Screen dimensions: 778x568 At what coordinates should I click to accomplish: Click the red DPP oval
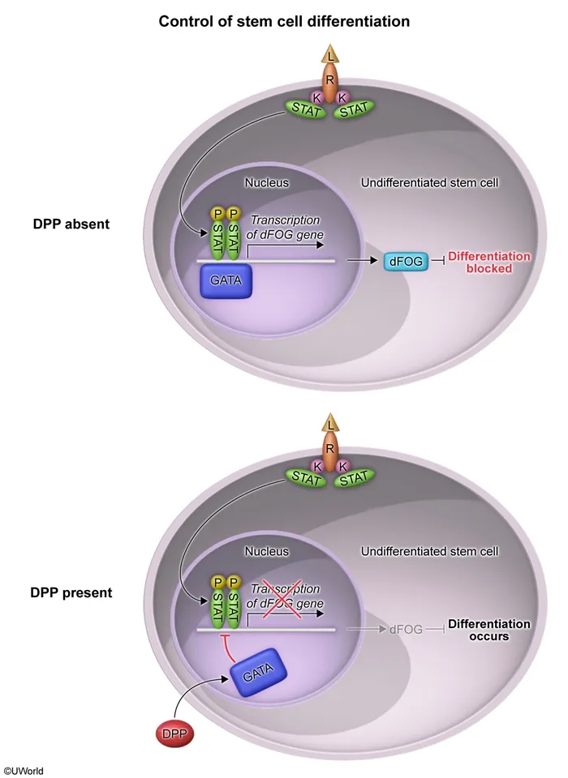coord(175,733)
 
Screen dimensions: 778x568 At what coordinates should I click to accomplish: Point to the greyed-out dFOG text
coord(407,628)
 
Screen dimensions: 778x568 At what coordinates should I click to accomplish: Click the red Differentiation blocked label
coord(489,262)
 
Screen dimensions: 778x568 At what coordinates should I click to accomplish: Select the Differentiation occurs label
coord(489,630)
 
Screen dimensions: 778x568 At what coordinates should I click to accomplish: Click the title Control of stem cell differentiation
coord(284,21)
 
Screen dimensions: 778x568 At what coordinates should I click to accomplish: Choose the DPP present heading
coord(71,592)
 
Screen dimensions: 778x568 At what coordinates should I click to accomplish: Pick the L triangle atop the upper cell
coord(330,55)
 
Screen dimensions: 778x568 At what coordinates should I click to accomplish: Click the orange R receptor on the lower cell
coord(330,447)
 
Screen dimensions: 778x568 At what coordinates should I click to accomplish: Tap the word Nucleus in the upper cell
coord(267,183)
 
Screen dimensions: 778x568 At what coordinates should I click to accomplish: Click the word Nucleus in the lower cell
coord(267,551)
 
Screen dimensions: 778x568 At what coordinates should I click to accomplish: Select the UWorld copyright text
coord(24,771)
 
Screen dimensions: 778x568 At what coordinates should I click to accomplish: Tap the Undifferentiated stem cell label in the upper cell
coord(429,183)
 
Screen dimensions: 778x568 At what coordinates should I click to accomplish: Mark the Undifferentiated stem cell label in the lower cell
coord(429,551)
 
